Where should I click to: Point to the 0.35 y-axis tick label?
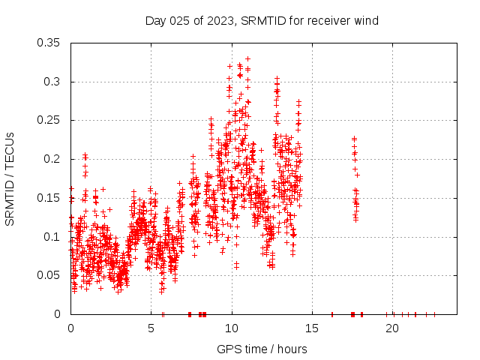pyautogui.click(x=49, y=43)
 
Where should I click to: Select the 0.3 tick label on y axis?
pyautogui.click(x=52, y=82)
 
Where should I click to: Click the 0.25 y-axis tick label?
pyautogui.click(x=49, y=120)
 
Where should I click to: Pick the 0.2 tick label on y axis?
pyautogui.click(x=52, y=159)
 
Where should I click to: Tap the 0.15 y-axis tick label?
pyautogui.click(x=49, y=198)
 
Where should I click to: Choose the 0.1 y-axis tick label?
pyautogui.click(x=52, y=236)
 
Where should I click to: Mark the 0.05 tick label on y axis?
pyautogui.click(x=49, y=275)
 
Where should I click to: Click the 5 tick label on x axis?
pyautogui.click(x=151, y=328)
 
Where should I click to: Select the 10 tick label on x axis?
pyautogui.click(x=232, y=328)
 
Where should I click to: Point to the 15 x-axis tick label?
pyautogui.click(x=312, y=328)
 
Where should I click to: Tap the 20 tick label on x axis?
pyautogui.click(x=392, y=328)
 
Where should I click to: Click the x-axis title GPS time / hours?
pyautogui.click(x=262, y=349)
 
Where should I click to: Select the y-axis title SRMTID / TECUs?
pyautogui.click(x=10, y=178)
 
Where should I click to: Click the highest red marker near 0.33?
pyautogui.click(x=247, y=58)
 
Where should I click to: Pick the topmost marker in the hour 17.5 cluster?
pyautogui.click(x=354, y=139)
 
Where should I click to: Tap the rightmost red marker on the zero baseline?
pyautogui.click(x=434, y=314)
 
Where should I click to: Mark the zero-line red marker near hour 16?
pyautogui.click(x=331, y=314)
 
